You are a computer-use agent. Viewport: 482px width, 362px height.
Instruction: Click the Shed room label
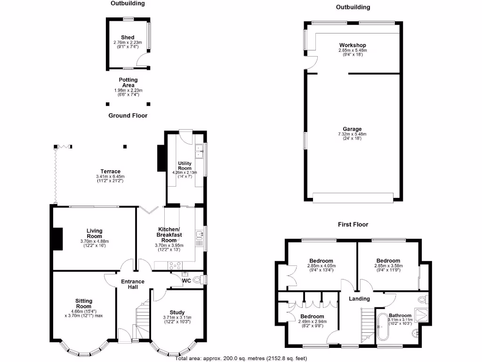coord(128,37)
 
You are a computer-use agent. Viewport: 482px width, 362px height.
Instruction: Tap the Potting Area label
coord(128,82)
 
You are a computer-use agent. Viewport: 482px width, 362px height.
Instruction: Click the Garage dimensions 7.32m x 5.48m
coord(352,134)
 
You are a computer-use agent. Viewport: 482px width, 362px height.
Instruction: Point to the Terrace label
coord(110,171)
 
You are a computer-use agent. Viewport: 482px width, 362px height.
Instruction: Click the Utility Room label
coord(185,165)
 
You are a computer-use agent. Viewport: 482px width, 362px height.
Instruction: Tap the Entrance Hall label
coord(132,284)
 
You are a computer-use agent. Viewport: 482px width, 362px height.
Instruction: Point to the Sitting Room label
coord(84,304)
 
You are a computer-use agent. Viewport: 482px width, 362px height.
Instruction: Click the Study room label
coord(177,312)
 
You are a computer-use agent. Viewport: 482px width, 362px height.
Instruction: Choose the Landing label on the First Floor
coord(359,299)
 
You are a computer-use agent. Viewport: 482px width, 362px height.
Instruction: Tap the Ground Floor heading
coord(128,115)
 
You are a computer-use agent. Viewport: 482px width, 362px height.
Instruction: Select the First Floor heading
coord(353,224)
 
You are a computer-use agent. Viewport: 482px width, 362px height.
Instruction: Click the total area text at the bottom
coord(241,358)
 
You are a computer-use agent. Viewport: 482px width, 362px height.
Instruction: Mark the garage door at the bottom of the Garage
coord(353,198)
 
